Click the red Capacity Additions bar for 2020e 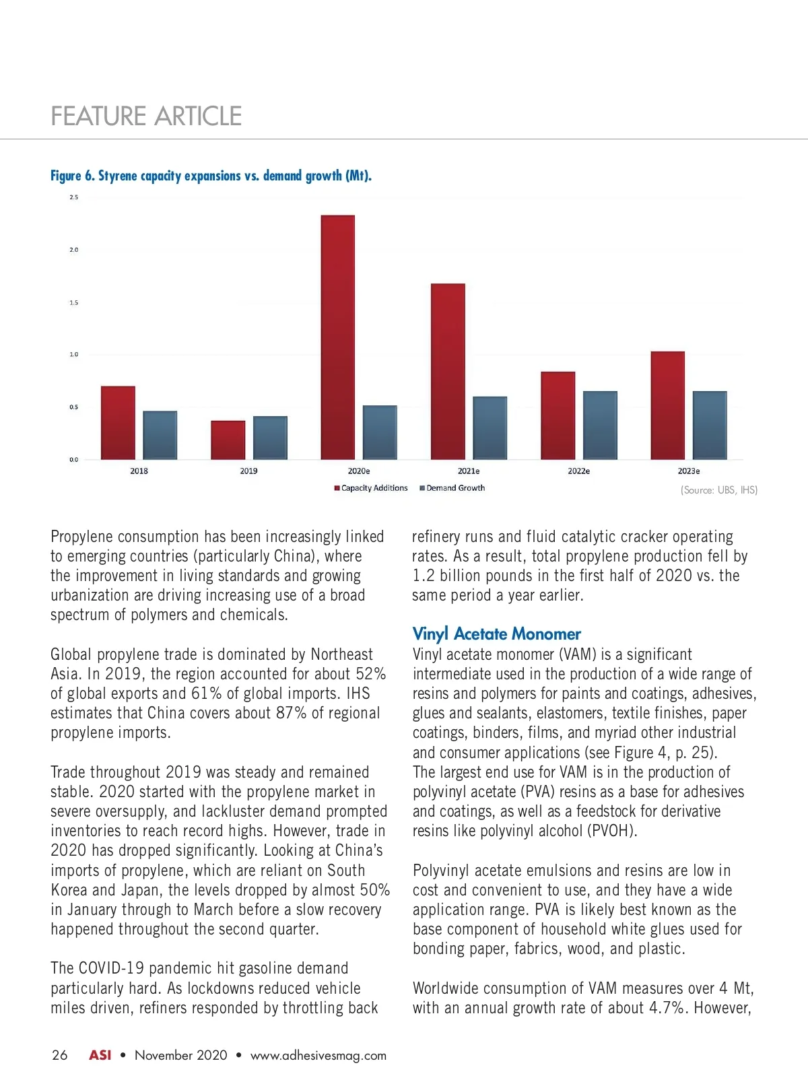(x=337, y=337)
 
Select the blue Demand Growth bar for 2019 (x=270, y=438)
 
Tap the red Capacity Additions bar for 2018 (x=118, y=423)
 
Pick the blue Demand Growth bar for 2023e (x=710, y=425)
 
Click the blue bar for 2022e (x=600, y=425)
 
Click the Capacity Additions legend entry (x=371, y=488)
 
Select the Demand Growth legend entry (x=452, y=488)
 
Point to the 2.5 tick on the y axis (x=73, y=197)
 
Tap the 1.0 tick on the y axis (x=73, y=354)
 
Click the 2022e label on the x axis (x=578, y=471)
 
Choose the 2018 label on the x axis (x=139, y=471)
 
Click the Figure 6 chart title (x=211, y=176)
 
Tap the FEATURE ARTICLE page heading (x=146, y=116)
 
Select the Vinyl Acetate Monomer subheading (x=496, y=634)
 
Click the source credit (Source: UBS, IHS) (x=718, y=490)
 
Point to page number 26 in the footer (x=59, y=1055)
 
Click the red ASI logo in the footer (x=100, y=1055)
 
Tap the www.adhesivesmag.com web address (x=318, y=1055)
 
